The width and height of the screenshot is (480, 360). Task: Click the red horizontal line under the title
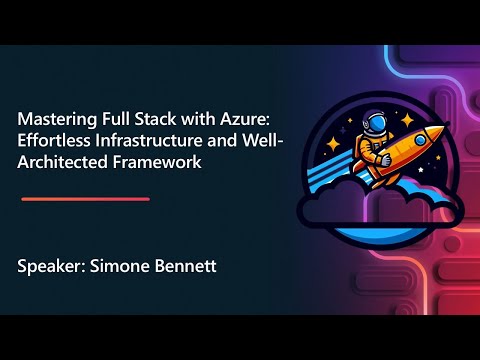(85, 199)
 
